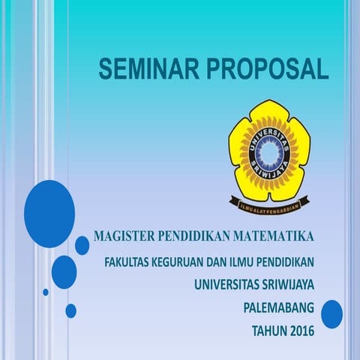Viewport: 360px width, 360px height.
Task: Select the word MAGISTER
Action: [x=123, y=237]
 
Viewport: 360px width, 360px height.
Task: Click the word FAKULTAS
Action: [x=127, y=262]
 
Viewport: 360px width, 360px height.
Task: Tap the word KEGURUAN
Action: [x=181, y=262]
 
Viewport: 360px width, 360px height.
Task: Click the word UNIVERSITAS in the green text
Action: [x=229, y=284]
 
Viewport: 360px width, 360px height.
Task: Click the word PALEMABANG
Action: [x=279, y=307]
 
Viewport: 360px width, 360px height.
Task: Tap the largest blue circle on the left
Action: [x=49, y=214]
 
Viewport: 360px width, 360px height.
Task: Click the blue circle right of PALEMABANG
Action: [x=331, y=313]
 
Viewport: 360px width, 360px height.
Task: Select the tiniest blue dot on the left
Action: [x=46, y=292]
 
